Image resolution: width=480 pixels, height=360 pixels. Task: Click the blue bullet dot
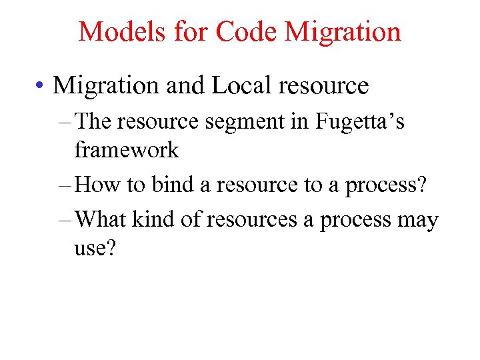tap(42, 86)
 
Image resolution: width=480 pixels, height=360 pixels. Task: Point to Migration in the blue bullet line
tap(107, 85)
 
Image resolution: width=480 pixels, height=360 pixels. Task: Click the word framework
tap(127, 150)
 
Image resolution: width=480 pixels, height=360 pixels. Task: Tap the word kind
tap(159, 220)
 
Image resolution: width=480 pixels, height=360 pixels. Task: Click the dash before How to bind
tap(65, 185)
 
